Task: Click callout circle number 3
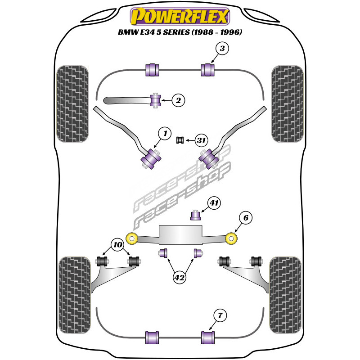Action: (222, 49)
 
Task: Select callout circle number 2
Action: (179, 101)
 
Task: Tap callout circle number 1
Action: (165, 133)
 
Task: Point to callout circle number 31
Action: (201, 141)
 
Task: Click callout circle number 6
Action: (246, 219)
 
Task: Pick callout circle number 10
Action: (117, 245)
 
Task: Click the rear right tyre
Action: (285, 290)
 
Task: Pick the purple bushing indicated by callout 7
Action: (207, 336)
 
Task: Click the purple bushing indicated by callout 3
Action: (207, 70)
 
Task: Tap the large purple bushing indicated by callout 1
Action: (151, 159)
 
